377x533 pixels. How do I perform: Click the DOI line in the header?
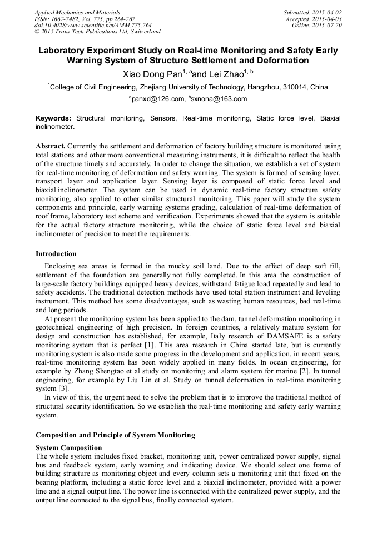[93, 26]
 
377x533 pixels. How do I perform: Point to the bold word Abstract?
[50, 146]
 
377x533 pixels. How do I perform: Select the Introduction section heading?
[56, 254]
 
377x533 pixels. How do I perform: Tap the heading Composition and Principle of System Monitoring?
[115, 434]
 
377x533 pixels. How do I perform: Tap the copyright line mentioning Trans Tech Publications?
[97, 32]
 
